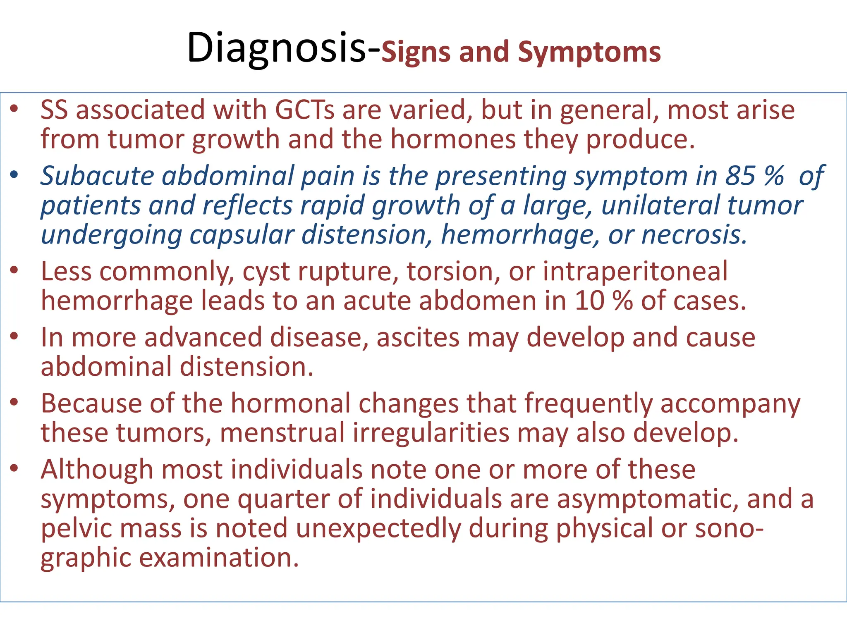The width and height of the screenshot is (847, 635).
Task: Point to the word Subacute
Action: [x=97, y=176]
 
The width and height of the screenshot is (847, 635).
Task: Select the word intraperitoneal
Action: [x=635, y=272]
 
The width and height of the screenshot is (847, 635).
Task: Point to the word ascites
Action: [x=418, y=337]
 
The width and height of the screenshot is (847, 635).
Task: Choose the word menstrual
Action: [x=282, y=433]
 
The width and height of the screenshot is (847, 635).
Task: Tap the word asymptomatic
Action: [x=648, y=499]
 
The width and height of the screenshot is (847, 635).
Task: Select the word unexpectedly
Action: [x=378, y=529]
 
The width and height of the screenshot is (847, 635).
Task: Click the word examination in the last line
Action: [x=218, y=558]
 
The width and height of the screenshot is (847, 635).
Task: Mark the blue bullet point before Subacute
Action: [x=14, y=175]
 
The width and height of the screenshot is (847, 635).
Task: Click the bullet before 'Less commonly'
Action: [x=14, y=270]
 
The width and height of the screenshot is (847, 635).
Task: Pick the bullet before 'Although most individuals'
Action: [x=14, y=468]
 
